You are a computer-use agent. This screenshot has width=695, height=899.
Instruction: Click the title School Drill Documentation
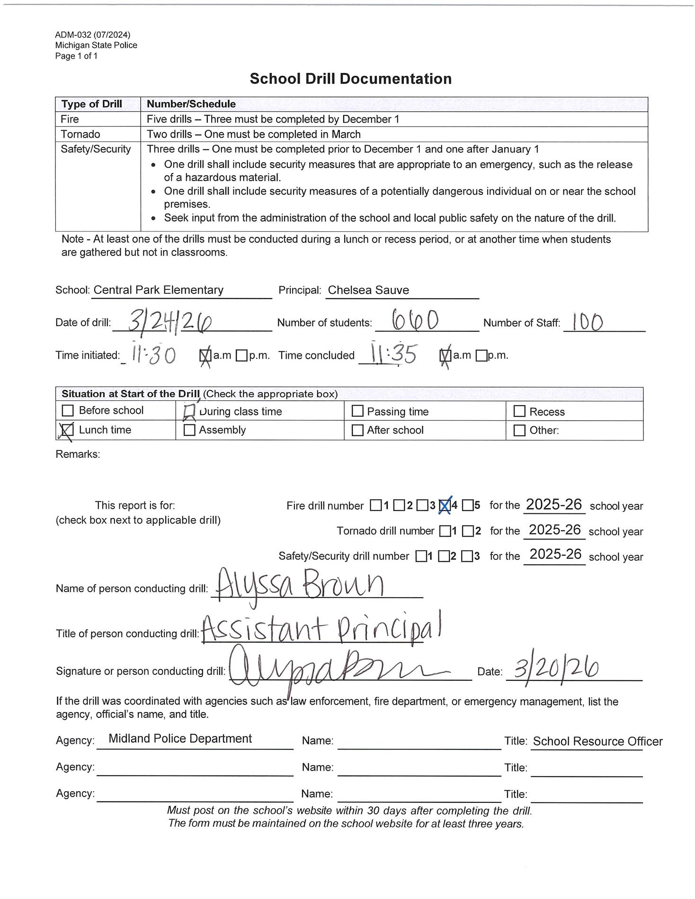pos(350,79)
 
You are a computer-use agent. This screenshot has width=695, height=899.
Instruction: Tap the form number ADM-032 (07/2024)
pos(92,35)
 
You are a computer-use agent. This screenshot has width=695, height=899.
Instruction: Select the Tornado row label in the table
pos(80,134)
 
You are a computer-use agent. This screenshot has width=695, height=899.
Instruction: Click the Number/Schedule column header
pos(191,104)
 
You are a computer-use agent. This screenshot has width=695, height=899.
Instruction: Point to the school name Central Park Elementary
pos(159,290)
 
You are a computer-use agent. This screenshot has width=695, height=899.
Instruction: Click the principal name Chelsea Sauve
pos(368,290)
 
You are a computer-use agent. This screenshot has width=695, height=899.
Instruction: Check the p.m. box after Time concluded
pos(481,355)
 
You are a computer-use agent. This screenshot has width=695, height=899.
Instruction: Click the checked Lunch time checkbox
pos(68,430)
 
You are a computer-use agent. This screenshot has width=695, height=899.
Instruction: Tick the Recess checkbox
pos(519,411)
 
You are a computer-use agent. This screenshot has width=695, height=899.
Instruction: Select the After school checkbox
pos(357,430)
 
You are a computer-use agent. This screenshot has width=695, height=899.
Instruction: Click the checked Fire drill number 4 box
pos(445,506)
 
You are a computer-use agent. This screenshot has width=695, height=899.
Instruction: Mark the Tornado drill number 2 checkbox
pos(468,531)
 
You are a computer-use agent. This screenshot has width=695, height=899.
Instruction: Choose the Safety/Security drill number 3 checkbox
pos(467,556)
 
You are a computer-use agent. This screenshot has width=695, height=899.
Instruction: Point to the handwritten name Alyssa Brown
pos(299,584)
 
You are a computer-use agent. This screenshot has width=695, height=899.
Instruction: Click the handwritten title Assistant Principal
pos(322,629)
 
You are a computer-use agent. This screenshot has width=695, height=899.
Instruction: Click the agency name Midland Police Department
pos(180,739)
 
